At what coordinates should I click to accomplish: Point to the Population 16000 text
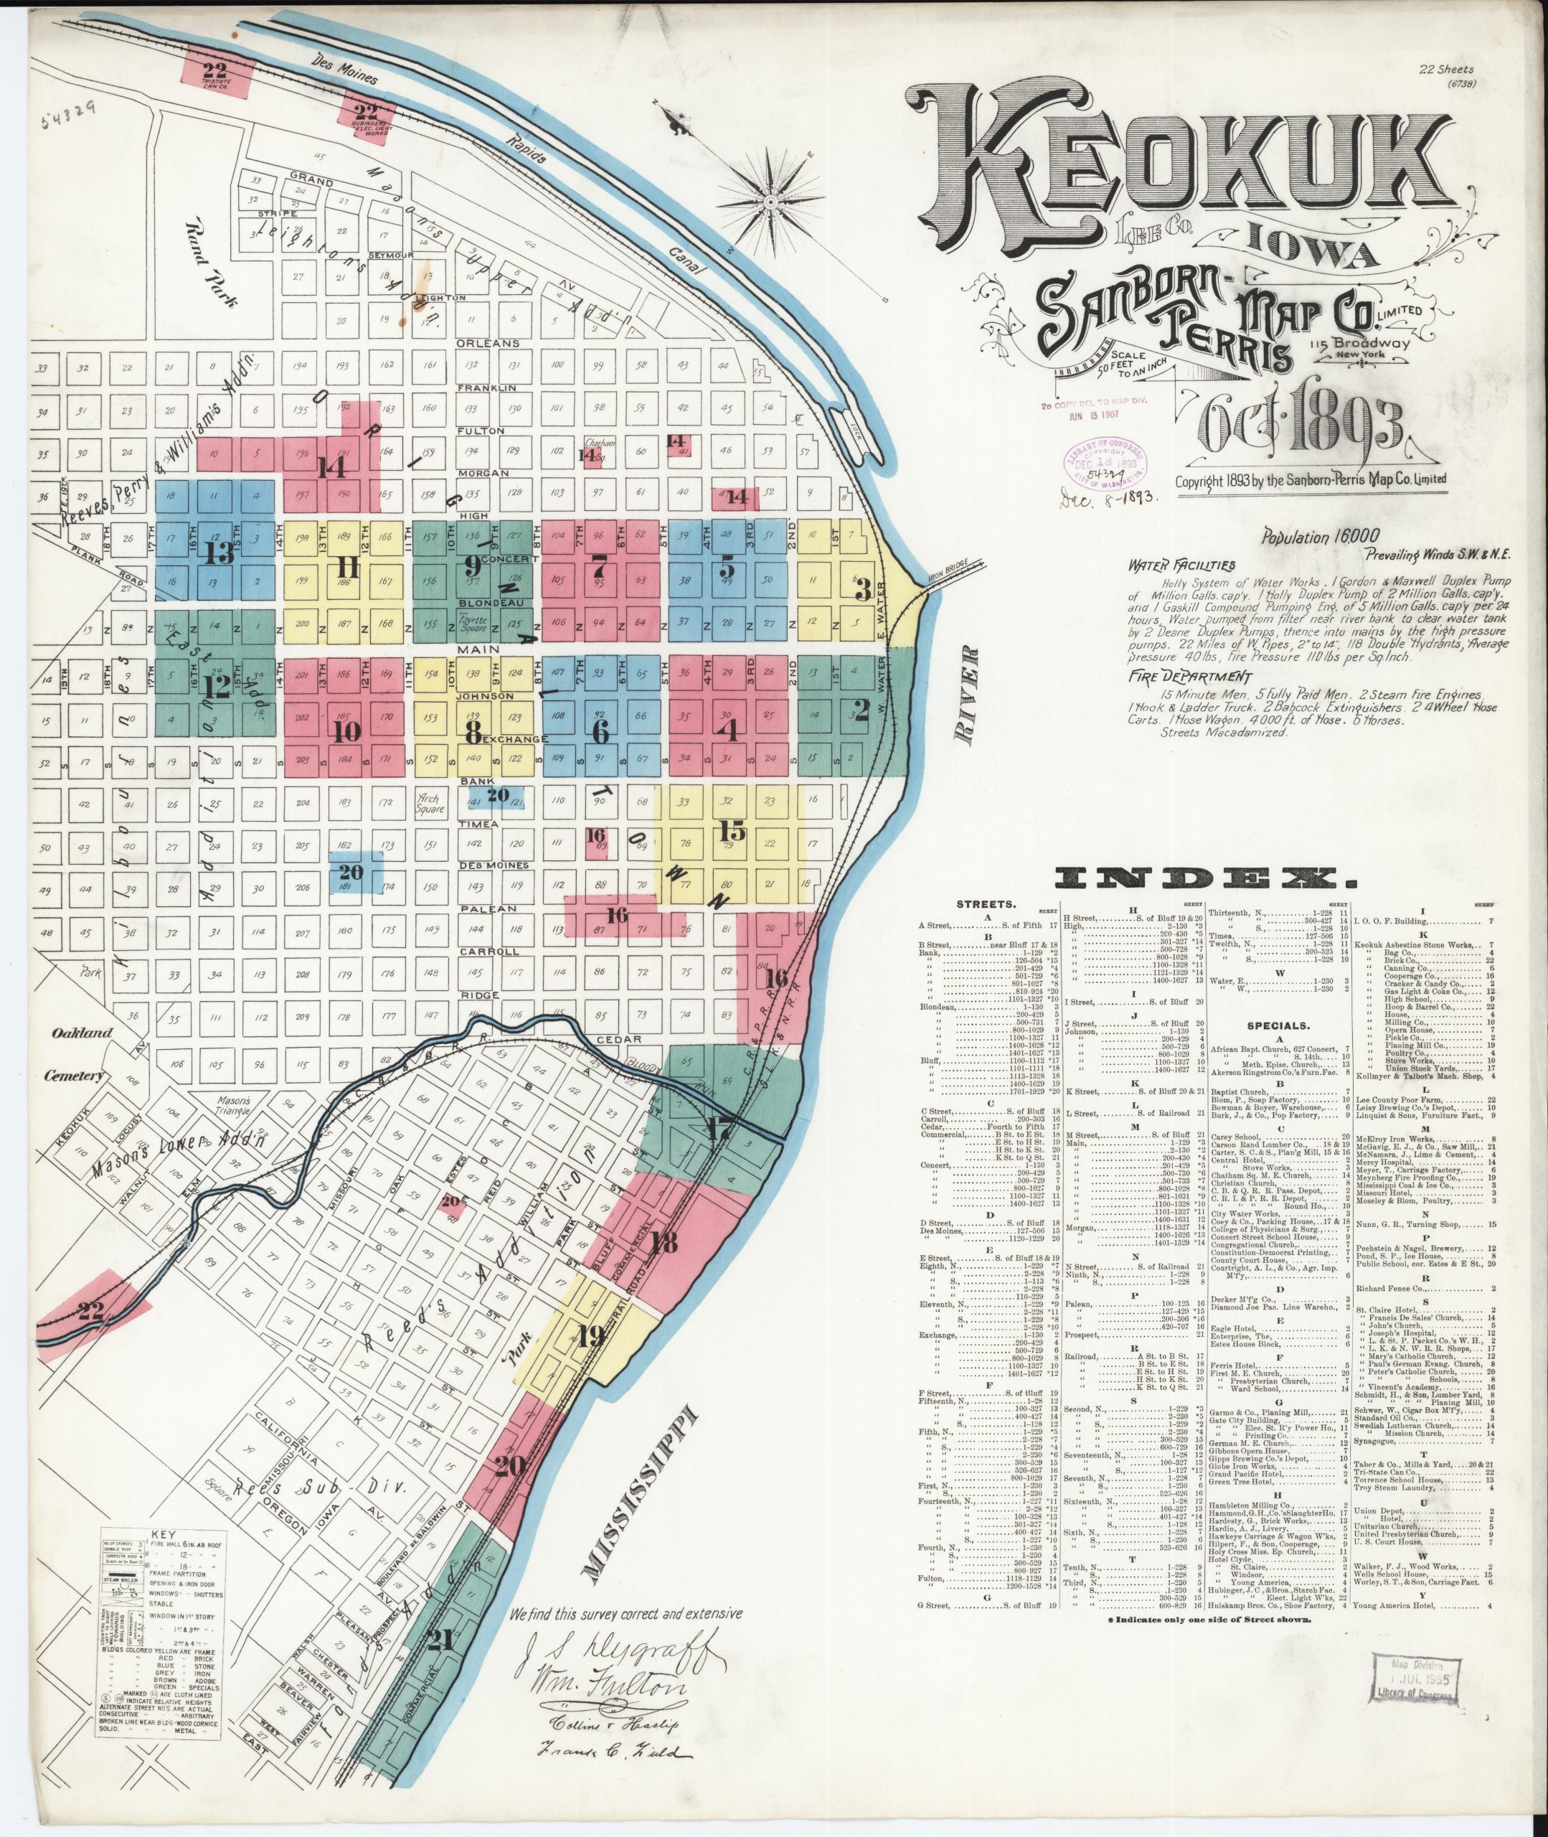(1320, 535)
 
